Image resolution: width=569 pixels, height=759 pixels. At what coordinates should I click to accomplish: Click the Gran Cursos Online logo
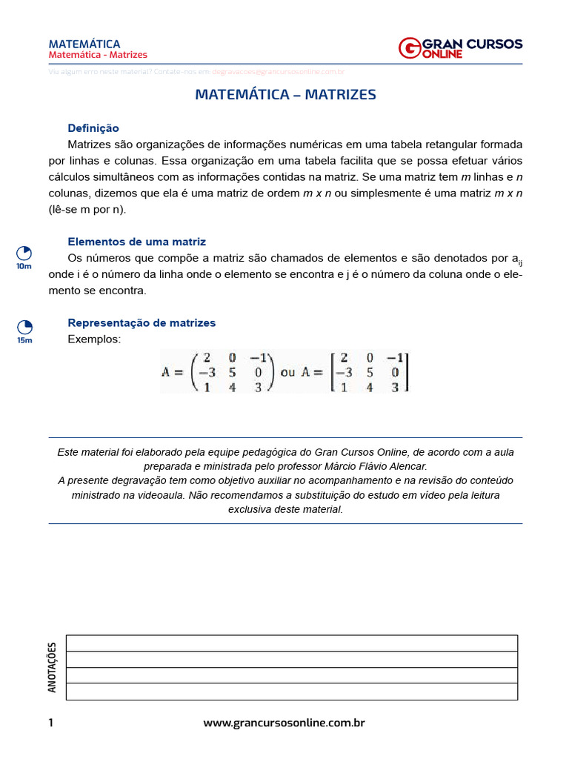tap(459, 48)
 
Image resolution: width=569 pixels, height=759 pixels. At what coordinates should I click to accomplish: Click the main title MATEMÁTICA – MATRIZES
tap(285, 95)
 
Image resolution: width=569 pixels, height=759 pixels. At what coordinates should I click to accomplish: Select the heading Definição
tap(93, 128)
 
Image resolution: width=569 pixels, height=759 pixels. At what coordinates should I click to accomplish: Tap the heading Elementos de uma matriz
tap(136, 242)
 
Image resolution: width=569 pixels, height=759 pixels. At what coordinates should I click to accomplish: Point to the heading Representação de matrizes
tap(142, 322)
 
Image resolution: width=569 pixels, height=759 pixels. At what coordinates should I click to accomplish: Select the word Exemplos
tap(93, 339)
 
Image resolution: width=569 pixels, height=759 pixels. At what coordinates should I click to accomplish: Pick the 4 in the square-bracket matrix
tap(370, 386)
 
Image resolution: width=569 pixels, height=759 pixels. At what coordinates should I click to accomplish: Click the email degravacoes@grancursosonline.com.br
tap(279, 72)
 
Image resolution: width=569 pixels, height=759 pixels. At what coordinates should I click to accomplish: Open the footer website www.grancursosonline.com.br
tap(284, 723)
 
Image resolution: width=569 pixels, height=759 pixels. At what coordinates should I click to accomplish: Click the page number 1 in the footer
tap(51, 723)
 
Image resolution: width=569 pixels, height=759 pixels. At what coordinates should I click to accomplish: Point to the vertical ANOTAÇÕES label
tap(52, 667)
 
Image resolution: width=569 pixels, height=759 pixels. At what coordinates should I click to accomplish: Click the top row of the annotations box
tap(291, 643)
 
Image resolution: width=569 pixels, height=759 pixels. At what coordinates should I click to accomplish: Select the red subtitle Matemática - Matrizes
tap(98, 55)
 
